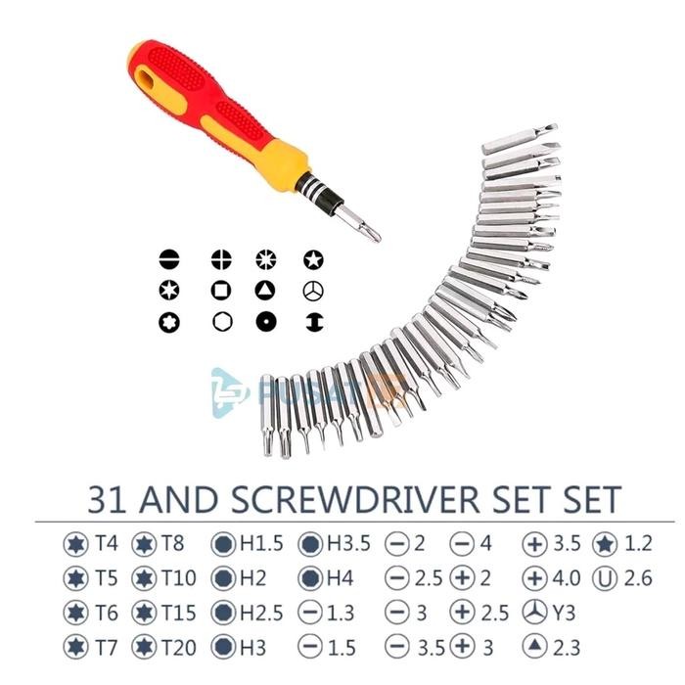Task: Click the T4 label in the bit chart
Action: [x=107, y=542]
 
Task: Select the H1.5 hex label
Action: [x=257, y=542]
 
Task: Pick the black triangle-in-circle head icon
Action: [x=265, y=291]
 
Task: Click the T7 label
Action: [x=107, y=646]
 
